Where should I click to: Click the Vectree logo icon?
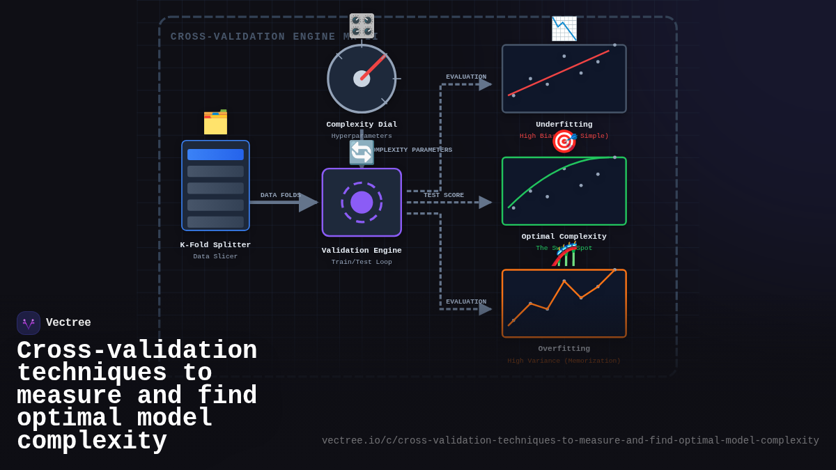pyautogui.click(x=29, y=323)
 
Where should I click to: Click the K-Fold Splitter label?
pyautogui.click(x=215, y=245)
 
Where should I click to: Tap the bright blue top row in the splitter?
pyautogui.click(x=215, y=155)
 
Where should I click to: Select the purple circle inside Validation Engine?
pyautogui.click(x=362, y=203)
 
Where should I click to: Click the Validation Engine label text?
pyautogui.click(x=362, y=251)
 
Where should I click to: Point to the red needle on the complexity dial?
pyautogui.click(x=374, y=67)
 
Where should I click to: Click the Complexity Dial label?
pyautogui.click(x=362, y=125)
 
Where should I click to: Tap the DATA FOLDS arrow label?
pyautogui.click(x=280, y=196)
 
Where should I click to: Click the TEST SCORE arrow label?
pyautogui.click(x=444, y=196)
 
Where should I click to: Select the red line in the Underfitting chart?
pyautogui.click(x=557, y=73)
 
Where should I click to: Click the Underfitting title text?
pyautogui.click(x=564, y=125)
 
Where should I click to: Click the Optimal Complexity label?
pyautogui.click(x=564, y=237)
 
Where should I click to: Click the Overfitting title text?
pyautogui.click(x=564, y=349)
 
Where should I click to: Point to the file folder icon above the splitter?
pyautogui.click(x=215, y=123)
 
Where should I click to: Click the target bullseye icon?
pyautogui.click(x=564, y=141)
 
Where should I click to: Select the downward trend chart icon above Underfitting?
pyautogui.click(x=564, y=29)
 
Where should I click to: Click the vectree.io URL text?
pyautogui.click(x=570, y=441)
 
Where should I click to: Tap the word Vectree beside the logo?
pyautogui.click(x=68, y=323)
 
